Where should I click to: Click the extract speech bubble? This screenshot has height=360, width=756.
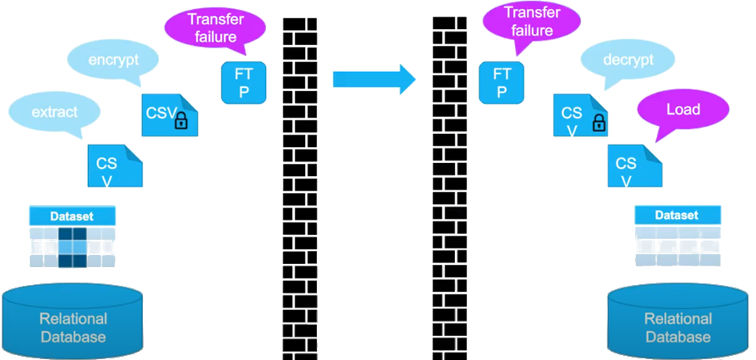pyautogui.click(x=56, y=111)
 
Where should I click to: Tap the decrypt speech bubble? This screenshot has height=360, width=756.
pyautogui.click(x=627, y=60)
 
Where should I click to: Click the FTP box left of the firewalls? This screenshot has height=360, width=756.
pyautogui.click(x=244, y=82)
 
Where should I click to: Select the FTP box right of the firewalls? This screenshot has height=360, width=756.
pyautogui.click(x=500, y=82)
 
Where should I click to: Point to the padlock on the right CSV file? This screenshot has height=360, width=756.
pyautogui.click(x=598, y=122)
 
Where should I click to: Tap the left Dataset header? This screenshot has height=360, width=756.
pyautogui.click(x=72, y=216)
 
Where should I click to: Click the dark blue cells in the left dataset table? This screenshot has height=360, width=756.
pyautogui.click(x=72, y=246)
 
